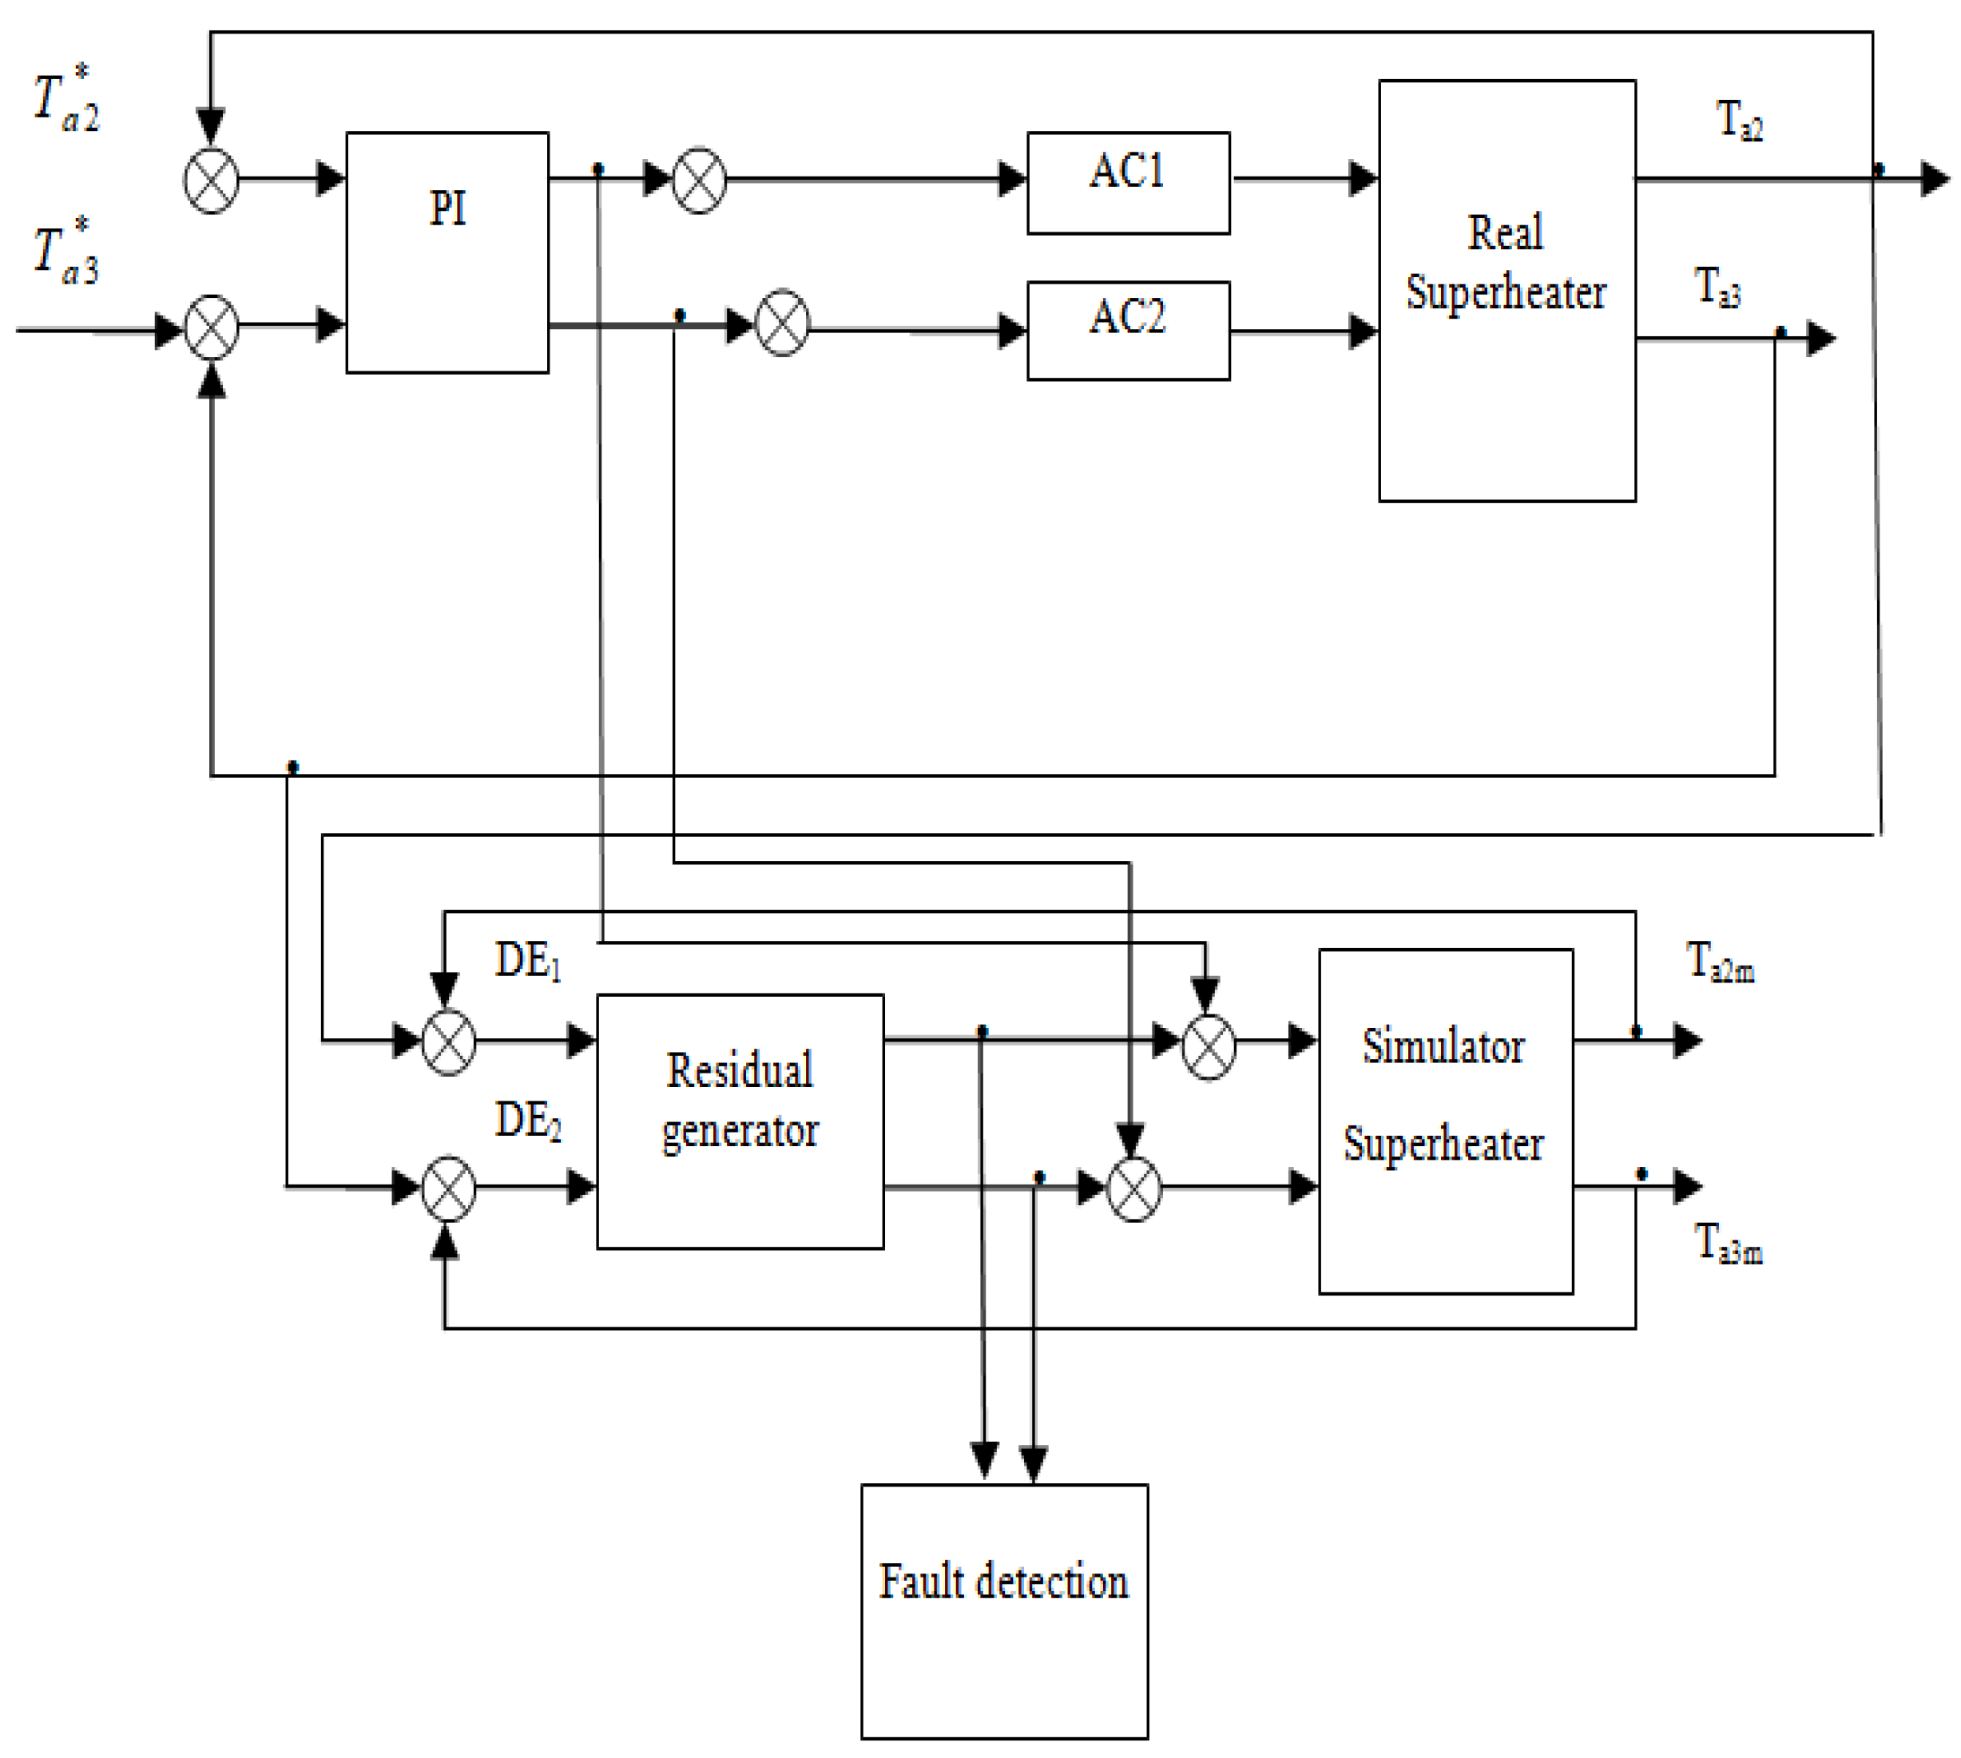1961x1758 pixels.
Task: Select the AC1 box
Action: click(x=1127, y=183)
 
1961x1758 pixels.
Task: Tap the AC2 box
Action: click(x=1127, y=331)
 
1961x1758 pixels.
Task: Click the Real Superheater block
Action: click(x=1506, y=290)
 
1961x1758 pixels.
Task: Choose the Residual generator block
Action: click(x=739, y=1121)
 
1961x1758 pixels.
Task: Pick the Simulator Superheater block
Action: click(x=1445, y=1121)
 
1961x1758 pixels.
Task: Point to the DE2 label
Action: click(x=527, y=1121)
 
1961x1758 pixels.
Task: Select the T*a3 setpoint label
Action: click(x=65, y=255)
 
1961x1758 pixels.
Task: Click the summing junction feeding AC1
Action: click(x=698, y=181)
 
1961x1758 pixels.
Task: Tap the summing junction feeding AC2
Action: click(x=781, y=323)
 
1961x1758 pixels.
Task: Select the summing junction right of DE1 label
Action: click(x=448, y=1042)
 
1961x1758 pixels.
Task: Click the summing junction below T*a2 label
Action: click(x=211, y=181)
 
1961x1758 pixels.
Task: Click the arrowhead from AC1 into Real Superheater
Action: click(x=1362, y=179)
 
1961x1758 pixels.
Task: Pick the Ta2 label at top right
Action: click(x=1739, y=121)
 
